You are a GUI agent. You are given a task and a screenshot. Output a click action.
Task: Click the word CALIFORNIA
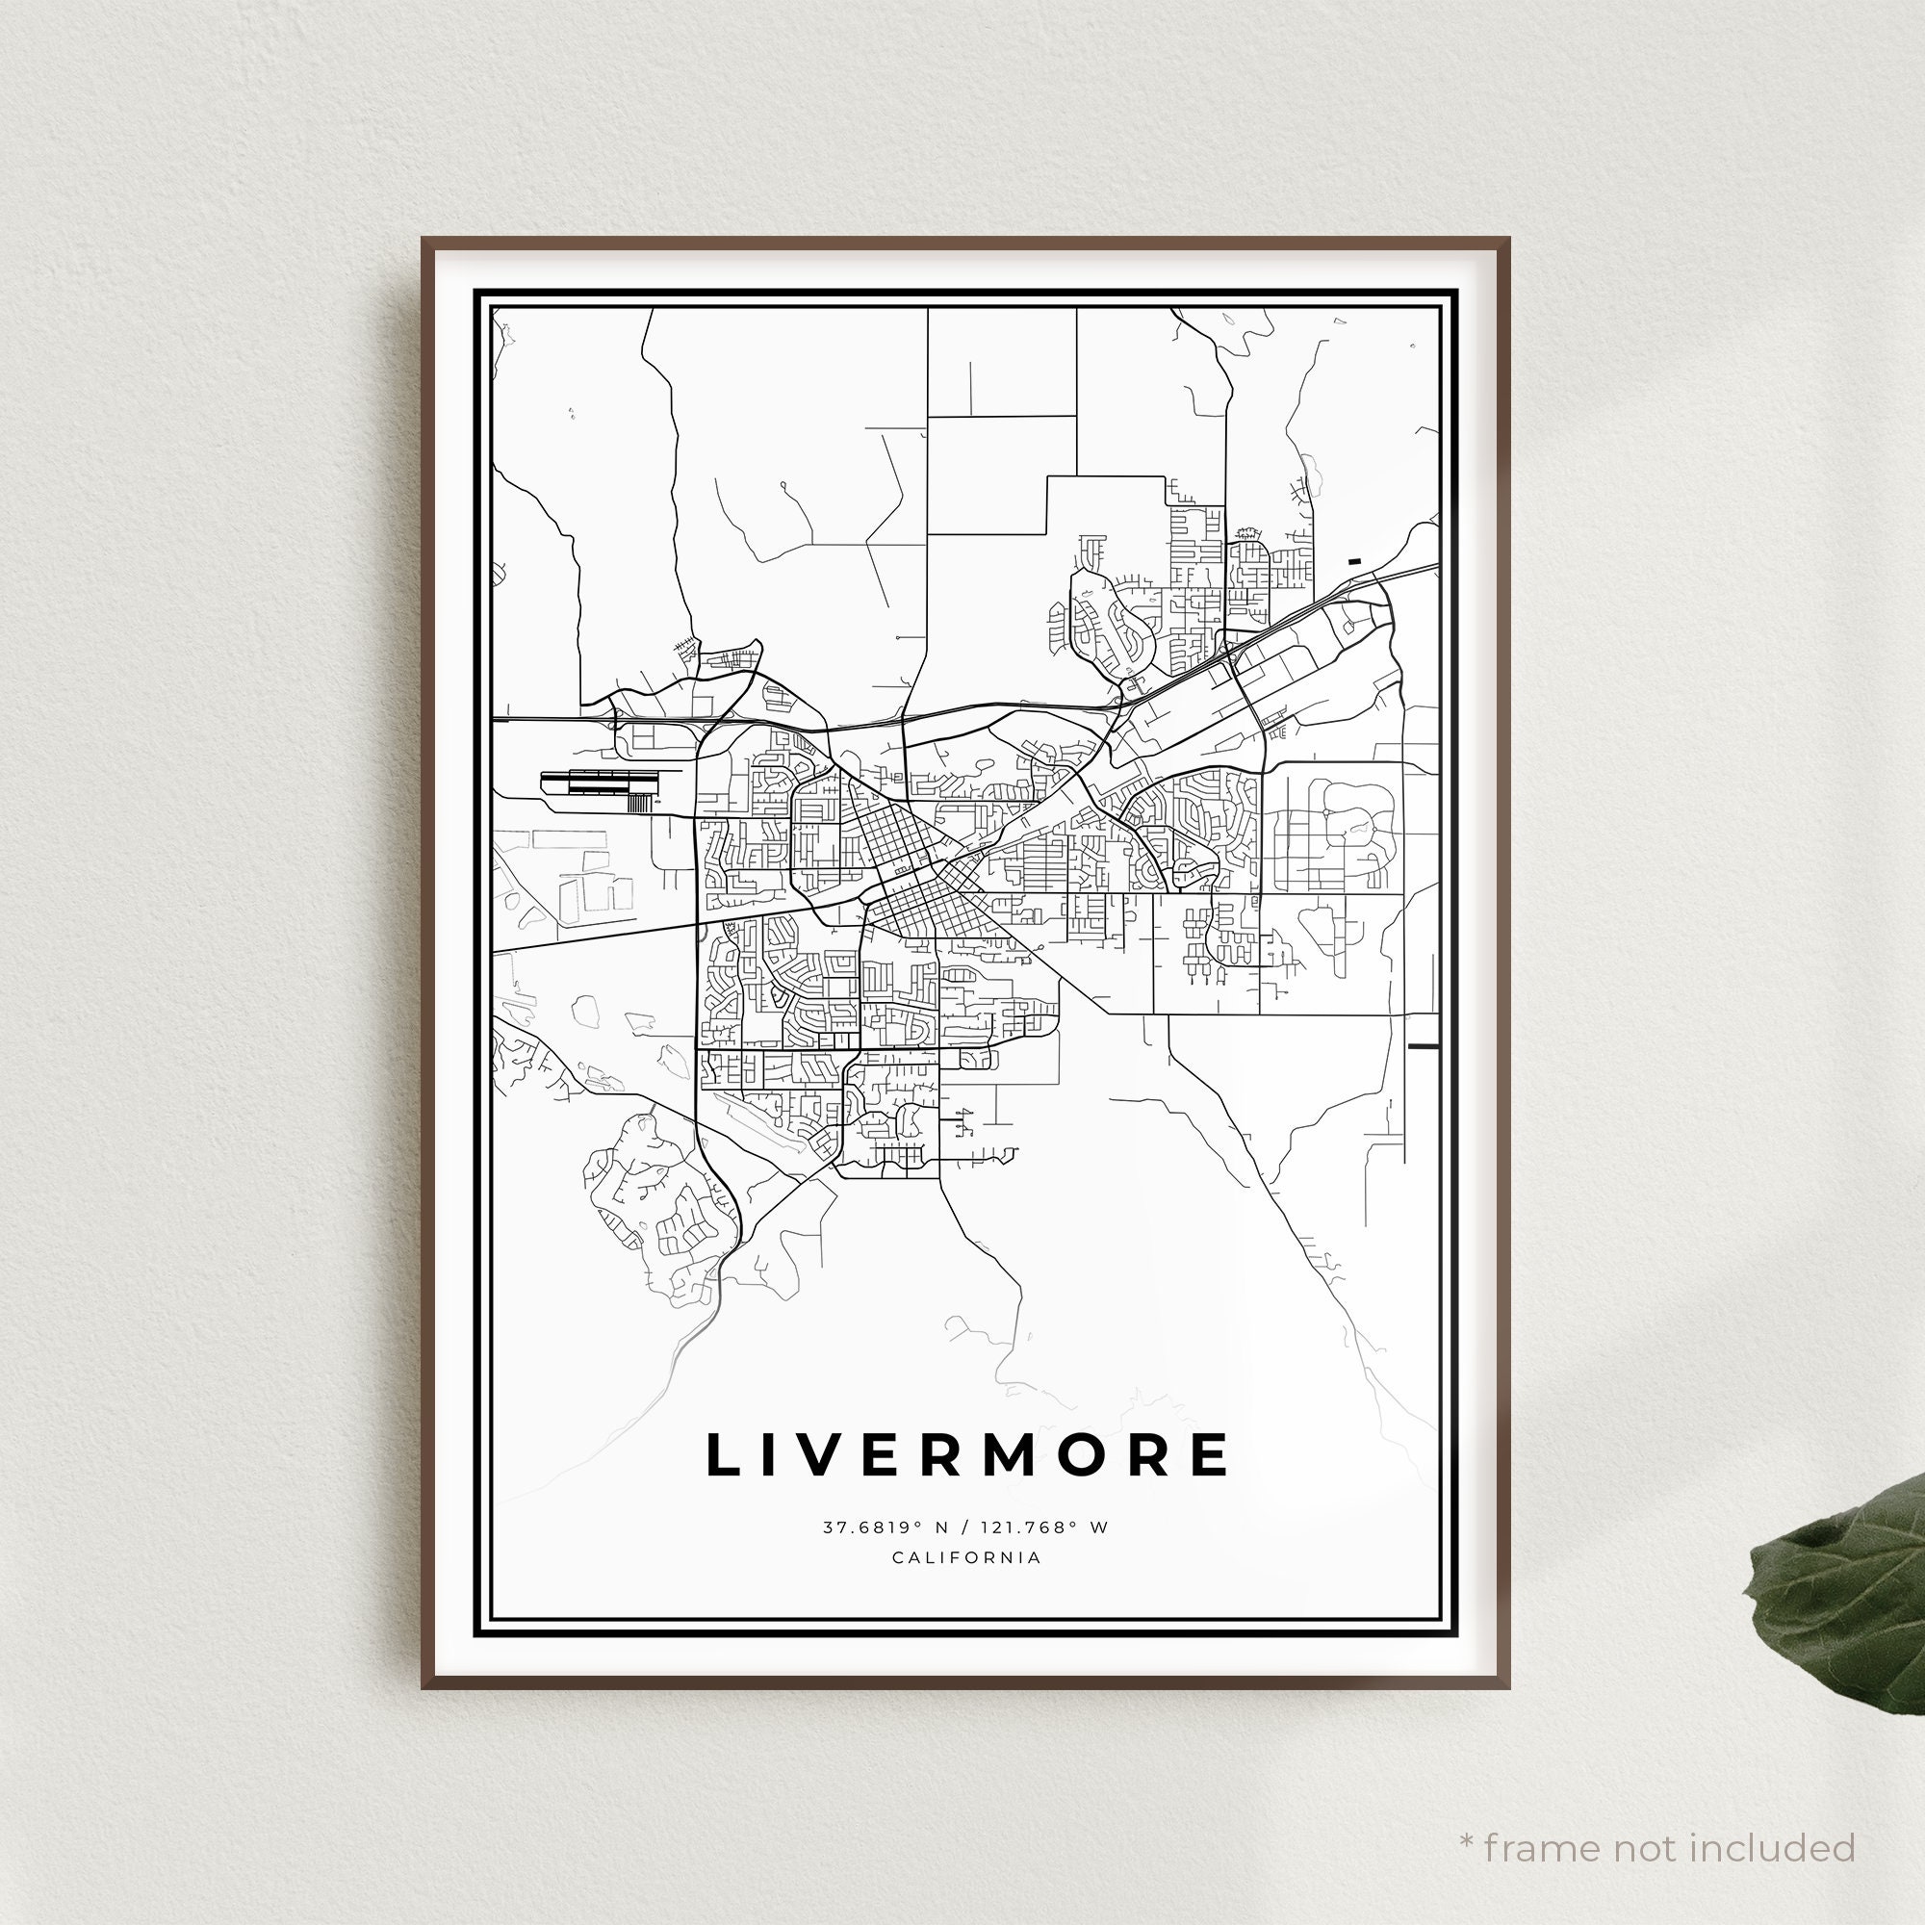[966, 1557]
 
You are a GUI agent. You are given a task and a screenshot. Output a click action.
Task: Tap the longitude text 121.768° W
[1044, 1527]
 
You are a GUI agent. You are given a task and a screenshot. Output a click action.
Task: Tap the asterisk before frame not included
[1466, 1813]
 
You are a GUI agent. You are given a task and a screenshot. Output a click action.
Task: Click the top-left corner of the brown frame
[424, 240]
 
